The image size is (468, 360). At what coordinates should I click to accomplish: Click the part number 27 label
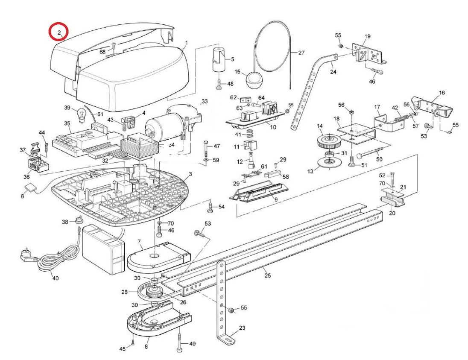(301, 53)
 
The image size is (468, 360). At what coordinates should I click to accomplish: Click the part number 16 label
(442, 92)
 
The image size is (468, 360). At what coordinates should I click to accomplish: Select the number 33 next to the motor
(205, 101)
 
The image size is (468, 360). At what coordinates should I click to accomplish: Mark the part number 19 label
(367, 36)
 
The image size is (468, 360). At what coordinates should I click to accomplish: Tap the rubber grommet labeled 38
(79, 220)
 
